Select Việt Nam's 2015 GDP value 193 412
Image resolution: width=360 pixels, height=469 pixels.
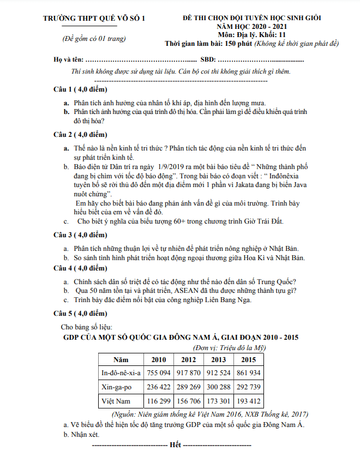point(248,401)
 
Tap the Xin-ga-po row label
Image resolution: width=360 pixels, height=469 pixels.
point(117,387)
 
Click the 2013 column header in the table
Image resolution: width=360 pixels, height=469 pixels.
point(218,359)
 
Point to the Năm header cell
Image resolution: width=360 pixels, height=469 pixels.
point(121,359)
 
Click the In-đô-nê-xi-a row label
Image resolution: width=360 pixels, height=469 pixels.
point(121,373)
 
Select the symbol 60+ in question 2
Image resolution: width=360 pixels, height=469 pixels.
point(168,221)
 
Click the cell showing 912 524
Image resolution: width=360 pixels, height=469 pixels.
point(218,373)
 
